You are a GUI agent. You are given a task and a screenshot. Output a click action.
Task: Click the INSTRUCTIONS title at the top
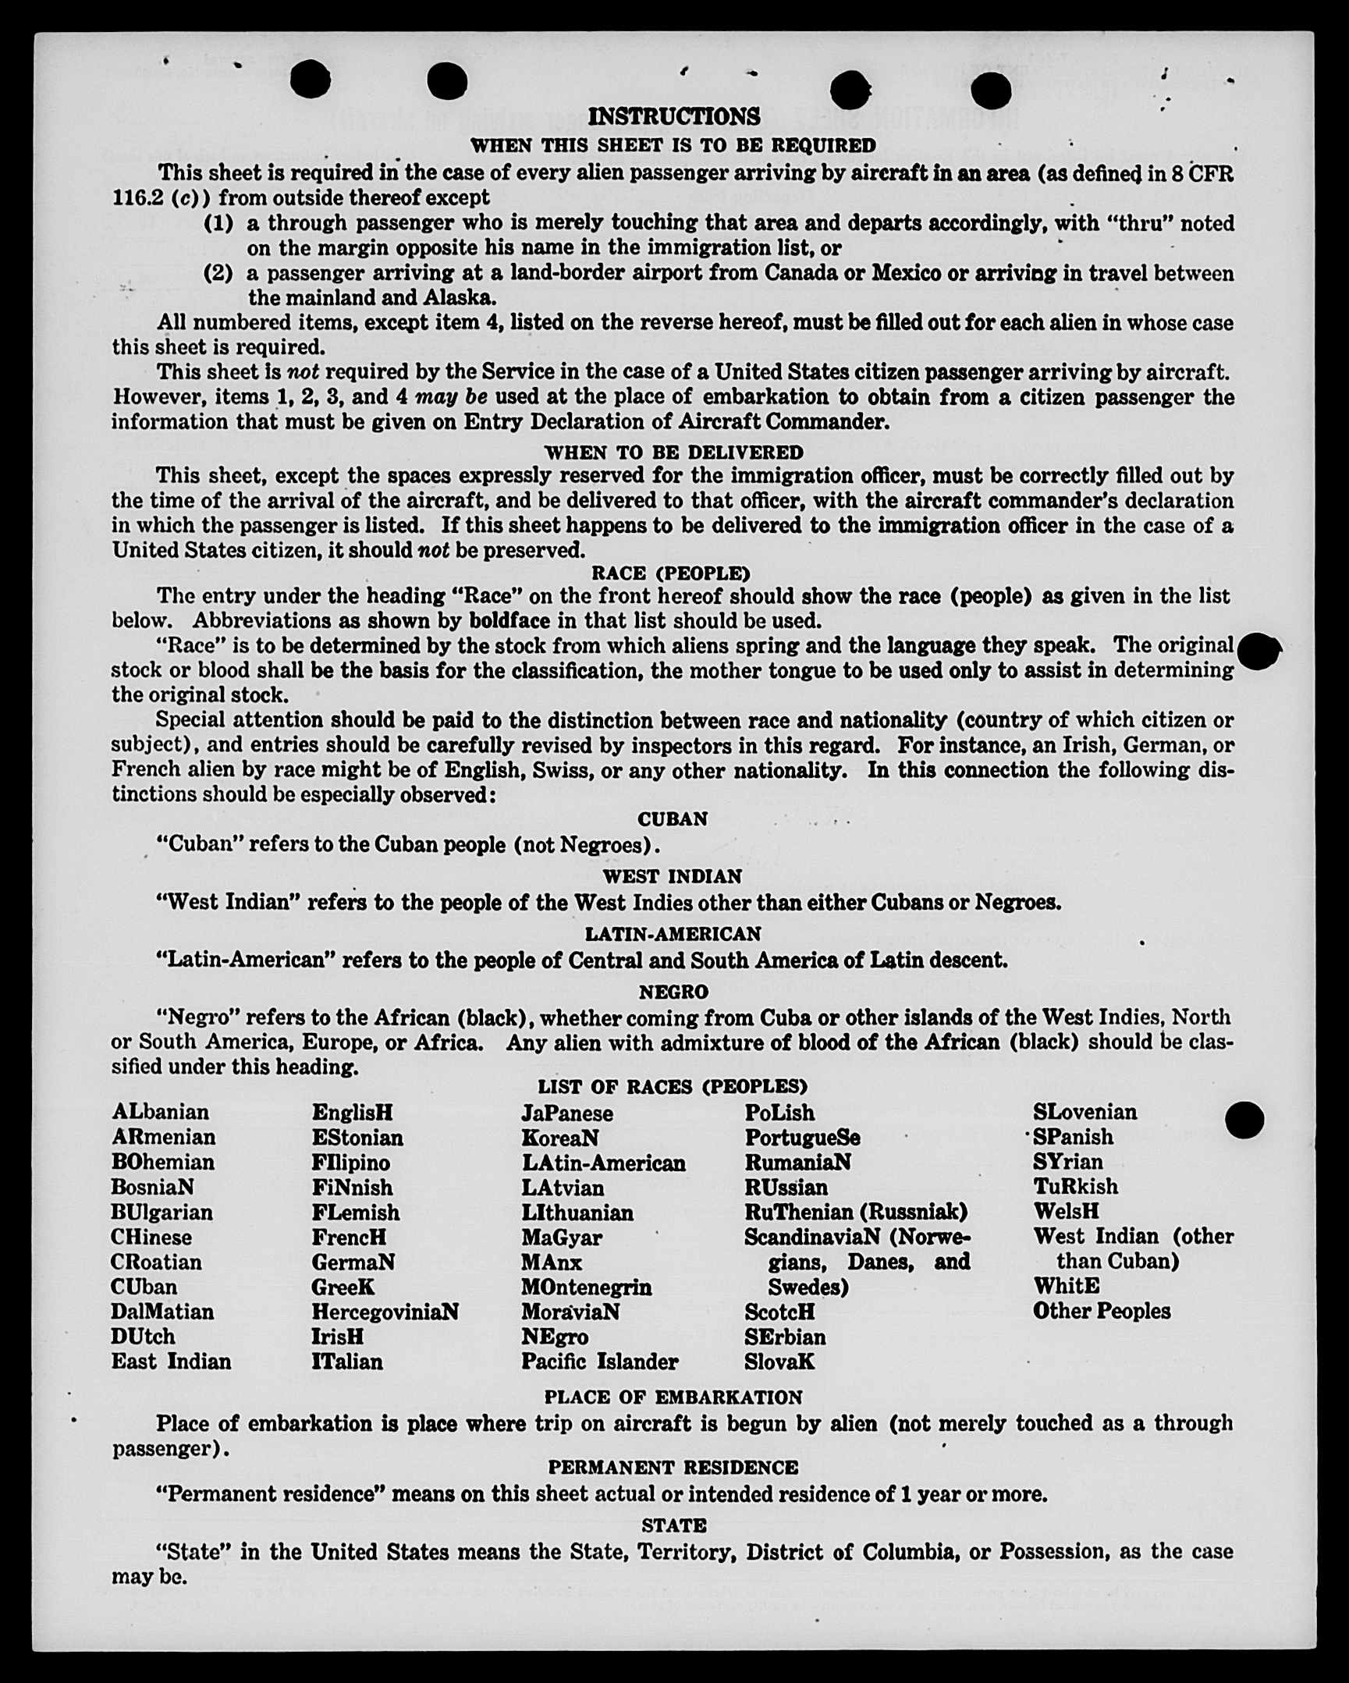tap(673, 117)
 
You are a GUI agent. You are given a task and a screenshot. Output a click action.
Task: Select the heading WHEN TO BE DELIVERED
tap(673, 453)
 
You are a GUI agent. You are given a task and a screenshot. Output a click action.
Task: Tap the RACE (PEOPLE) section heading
tap(670, 573)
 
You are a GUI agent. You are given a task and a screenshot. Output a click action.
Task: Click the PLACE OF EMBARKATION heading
tap(673, 1397)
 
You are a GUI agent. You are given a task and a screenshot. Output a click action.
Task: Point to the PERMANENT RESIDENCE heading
tap(673, 1468)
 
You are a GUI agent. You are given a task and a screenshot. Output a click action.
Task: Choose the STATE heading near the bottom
tap(673, 1525)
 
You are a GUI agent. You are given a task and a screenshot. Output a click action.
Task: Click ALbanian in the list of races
tap(161, 1112)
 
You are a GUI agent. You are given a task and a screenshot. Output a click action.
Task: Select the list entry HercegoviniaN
tap(385, 1312)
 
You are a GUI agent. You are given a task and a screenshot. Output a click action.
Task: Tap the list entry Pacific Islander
tap(599, 1362)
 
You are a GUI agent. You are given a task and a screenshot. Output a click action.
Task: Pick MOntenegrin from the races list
tap(586, 1287)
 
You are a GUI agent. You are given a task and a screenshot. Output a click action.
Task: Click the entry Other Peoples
tap(1102, 1312)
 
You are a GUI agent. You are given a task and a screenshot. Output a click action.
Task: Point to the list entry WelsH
tap(1066, 1212)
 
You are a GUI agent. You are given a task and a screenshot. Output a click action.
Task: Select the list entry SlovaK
tap(779, 1362)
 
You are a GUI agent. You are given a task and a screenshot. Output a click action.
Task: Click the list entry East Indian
tap(171, 1362)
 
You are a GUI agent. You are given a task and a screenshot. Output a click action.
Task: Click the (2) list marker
tap(218, 273)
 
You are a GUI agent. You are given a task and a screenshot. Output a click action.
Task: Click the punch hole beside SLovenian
tap(1244, 1120)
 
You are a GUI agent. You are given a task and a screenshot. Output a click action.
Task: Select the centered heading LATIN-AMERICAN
tap(673, 934)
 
